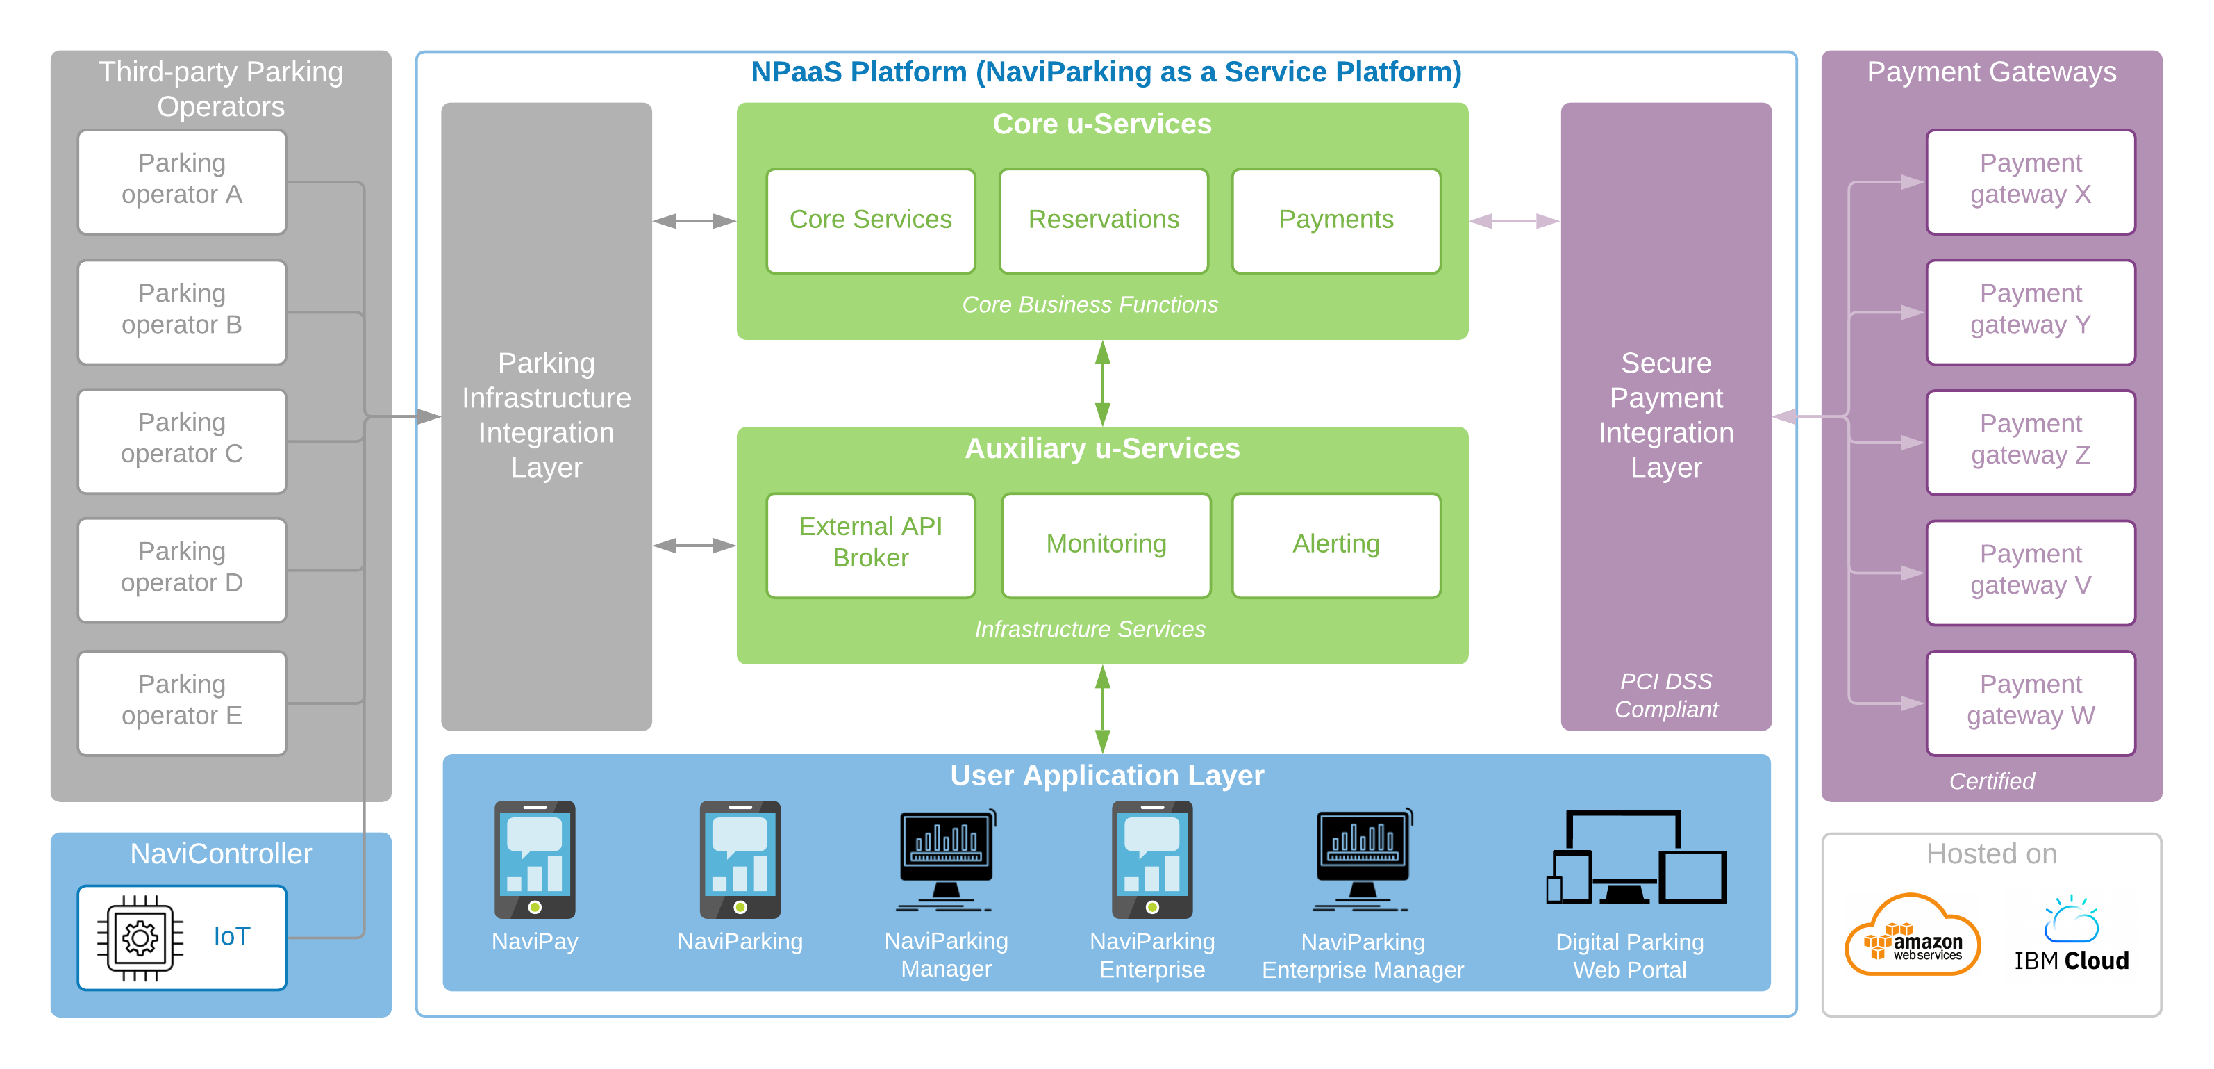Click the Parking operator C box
point(181,441)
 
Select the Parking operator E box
point(181,703)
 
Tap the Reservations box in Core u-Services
point(1104,221)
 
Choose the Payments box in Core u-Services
point(1335,221)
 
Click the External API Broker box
point(871,545)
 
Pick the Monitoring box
point(1106,545)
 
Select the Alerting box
point(1335,545)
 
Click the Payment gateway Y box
point(2030,312)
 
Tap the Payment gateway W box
point(2030,703)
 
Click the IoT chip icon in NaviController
point(140,938)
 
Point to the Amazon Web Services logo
point(1913,935)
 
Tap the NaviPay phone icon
point(535,859)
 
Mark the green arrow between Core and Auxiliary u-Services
point(1103,384)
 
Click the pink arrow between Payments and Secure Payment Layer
point(1515,221)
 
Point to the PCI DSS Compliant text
point(1665,695)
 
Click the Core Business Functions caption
point(1090,304)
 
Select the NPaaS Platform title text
point(1106,72)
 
